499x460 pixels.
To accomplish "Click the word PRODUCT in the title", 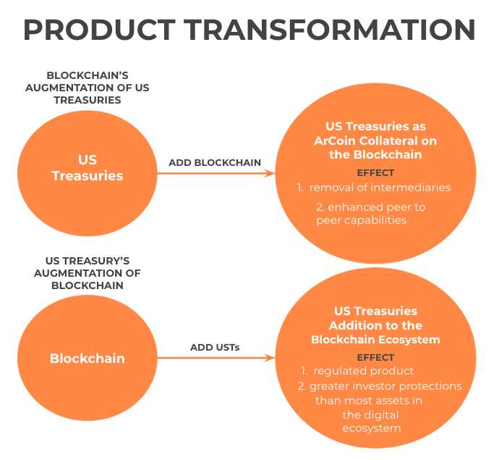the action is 100,30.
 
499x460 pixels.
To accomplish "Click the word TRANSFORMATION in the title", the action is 330,30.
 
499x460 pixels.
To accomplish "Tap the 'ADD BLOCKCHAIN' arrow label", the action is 215,162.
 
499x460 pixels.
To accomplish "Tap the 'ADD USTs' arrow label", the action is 215,347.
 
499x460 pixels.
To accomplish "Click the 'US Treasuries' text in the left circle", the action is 88,167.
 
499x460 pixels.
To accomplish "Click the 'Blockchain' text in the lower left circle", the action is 88,359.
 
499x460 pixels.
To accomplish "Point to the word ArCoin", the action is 334,141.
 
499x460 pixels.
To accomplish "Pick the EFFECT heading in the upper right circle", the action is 375,173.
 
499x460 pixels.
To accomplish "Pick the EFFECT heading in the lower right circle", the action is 375,357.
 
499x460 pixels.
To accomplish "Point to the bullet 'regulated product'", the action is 364,371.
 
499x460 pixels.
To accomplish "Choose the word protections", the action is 430,386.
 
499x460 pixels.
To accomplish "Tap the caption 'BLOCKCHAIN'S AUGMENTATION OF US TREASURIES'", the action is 88,88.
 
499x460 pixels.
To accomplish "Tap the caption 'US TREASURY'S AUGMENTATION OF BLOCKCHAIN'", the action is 88,273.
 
